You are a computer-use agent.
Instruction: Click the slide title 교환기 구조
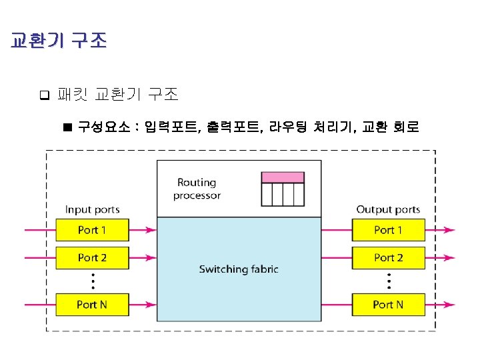59,41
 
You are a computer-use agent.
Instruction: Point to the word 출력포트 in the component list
233,126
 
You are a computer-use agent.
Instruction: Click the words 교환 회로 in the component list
391,126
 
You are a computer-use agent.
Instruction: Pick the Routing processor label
197,189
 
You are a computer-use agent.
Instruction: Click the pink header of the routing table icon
282,177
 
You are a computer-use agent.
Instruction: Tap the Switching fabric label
239,269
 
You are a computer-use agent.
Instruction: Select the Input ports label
92,210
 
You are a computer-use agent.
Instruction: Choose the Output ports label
388,210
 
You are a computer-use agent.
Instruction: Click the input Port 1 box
92,231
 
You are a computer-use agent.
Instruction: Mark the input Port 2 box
92,257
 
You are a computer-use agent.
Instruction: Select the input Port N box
92,305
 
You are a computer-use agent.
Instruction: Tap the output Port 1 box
389,231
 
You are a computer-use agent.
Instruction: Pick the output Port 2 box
389,257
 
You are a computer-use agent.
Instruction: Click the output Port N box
389,305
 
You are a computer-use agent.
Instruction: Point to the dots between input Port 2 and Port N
93,281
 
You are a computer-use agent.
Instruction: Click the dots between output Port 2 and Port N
389,281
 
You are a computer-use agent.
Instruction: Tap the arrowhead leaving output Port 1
450,231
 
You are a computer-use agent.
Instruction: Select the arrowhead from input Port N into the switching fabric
152,305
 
